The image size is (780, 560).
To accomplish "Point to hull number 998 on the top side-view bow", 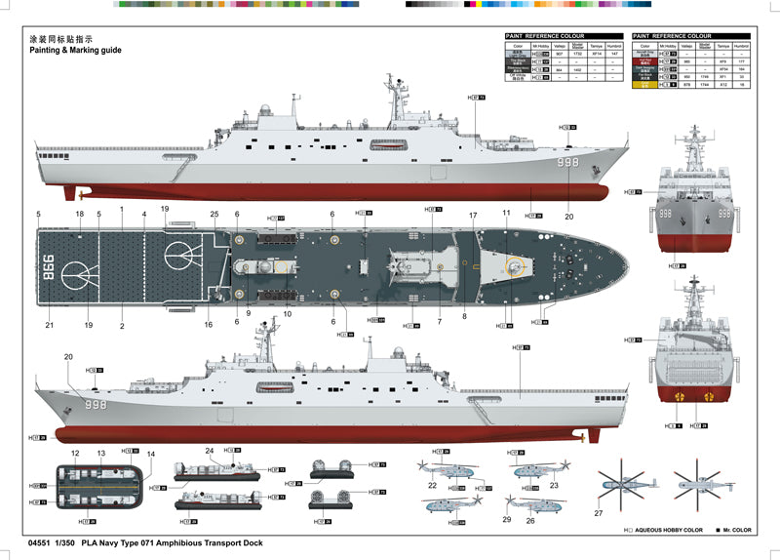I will (x=569, y=162).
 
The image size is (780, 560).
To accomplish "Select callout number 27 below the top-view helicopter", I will (x=599, y=513).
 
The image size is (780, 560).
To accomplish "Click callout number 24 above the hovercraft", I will (x=209, y=451).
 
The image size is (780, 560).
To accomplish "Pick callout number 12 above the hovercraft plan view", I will (x=75, y=454).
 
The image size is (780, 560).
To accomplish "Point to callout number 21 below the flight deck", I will (x=49, y=325).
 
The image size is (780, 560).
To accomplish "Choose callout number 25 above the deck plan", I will (x=214, y=214).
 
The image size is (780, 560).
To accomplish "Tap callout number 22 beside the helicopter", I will (x=432, y=485).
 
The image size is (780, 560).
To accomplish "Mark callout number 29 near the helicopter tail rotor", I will (x=507, y=520).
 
